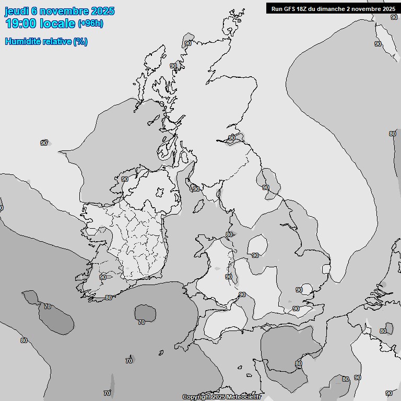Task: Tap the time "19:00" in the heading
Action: [21, 23]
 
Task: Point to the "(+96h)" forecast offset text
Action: [90, 23]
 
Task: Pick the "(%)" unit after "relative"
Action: [80, 42]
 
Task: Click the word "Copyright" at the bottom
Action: [197, 397]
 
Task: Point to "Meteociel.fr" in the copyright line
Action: [243, 397]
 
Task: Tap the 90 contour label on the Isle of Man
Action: [196, 189]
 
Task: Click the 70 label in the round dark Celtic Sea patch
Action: [141, 322]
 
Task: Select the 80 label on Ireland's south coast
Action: [108, 298]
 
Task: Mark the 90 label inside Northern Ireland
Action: [125, 179]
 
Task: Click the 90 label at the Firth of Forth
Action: [231, 138]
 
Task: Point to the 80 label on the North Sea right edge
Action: [392, 134]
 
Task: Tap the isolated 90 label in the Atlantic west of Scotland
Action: [44, 143]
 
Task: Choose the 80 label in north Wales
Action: [229, 234]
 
